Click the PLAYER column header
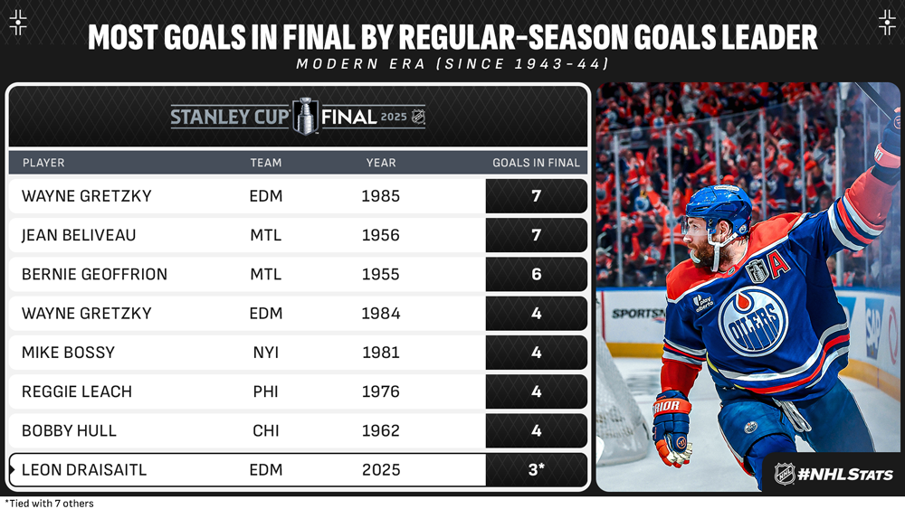43,163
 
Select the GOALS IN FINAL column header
536,163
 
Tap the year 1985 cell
380,196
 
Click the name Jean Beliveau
79,235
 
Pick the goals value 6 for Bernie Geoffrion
536,274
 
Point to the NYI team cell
265,353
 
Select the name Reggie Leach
77,391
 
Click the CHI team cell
265,430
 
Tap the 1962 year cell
380,430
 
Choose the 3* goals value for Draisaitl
536,469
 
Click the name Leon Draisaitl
84,470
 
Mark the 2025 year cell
381,470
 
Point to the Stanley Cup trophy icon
305,116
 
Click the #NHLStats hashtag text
844,475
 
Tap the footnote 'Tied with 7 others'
49,504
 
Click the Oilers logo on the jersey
753,321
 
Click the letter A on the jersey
780,263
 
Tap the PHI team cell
265,391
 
